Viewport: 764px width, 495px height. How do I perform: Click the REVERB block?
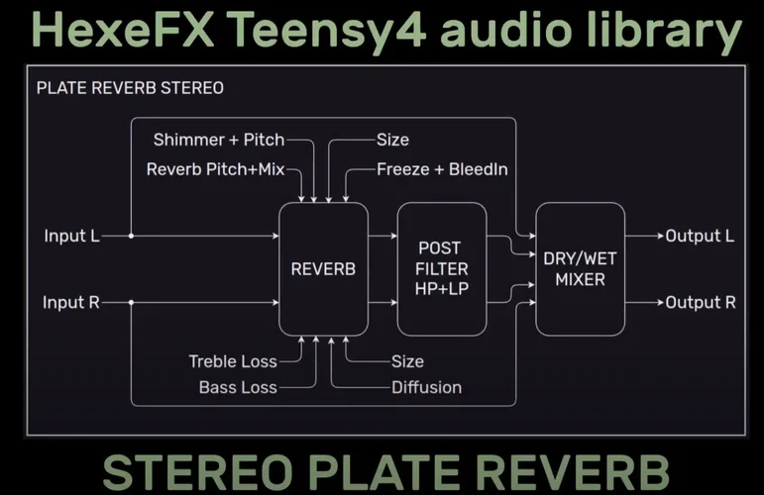click(x=323, y=268)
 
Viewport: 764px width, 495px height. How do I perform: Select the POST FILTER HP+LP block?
click(x=441, y=268)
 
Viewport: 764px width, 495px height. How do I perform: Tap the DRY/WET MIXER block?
click(x=580, y=268)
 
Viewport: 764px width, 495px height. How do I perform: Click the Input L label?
click(x=72, y=237)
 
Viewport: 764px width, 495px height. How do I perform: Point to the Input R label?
click(x=72, y=302)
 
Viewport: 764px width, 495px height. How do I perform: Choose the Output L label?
click(x=700, y=237)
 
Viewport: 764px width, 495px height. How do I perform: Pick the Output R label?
click(x=700, y=302)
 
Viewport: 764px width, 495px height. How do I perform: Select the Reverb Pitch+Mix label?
click(x=215, y=169)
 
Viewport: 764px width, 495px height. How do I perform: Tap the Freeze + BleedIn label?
click(x=442, y=169)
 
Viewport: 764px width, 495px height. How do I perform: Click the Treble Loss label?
click(x=232, y=361)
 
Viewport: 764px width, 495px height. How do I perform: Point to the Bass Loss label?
click(x=238, y=387)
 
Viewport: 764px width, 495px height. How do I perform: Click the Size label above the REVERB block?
click(x=392, y=140)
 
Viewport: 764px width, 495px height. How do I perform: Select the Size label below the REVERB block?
click(x=406, y=361)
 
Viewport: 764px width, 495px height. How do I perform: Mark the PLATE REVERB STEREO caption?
click(x=130, y=88)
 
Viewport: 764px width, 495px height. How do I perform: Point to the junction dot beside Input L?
click(x=132, y=237)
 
